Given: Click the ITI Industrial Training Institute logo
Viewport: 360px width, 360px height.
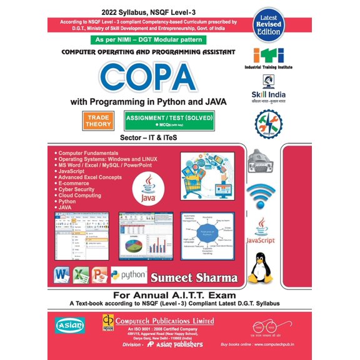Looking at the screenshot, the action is coord(270,56).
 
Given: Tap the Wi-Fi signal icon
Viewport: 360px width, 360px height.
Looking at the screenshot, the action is coord(262,193).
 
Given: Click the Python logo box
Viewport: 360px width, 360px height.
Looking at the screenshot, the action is coord(129,275).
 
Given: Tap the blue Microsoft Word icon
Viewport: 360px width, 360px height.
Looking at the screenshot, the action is coord(62,276).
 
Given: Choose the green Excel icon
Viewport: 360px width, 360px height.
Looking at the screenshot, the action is coord(80,276).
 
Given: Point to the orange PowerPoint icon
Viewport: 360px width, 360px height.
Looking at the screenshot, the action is coord(99,276).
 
